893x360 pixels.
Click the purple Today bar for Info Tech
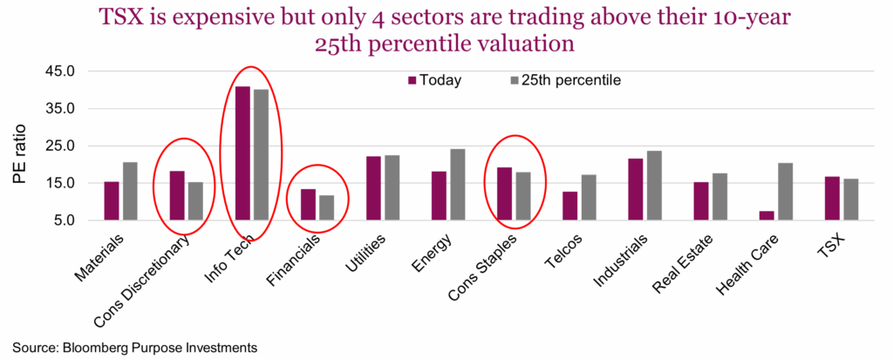[x=242, y=153]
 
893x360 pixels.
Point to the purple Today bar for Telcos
[x=570, y=206]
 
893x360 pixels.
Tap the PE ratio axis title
[x=21, y=146]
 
